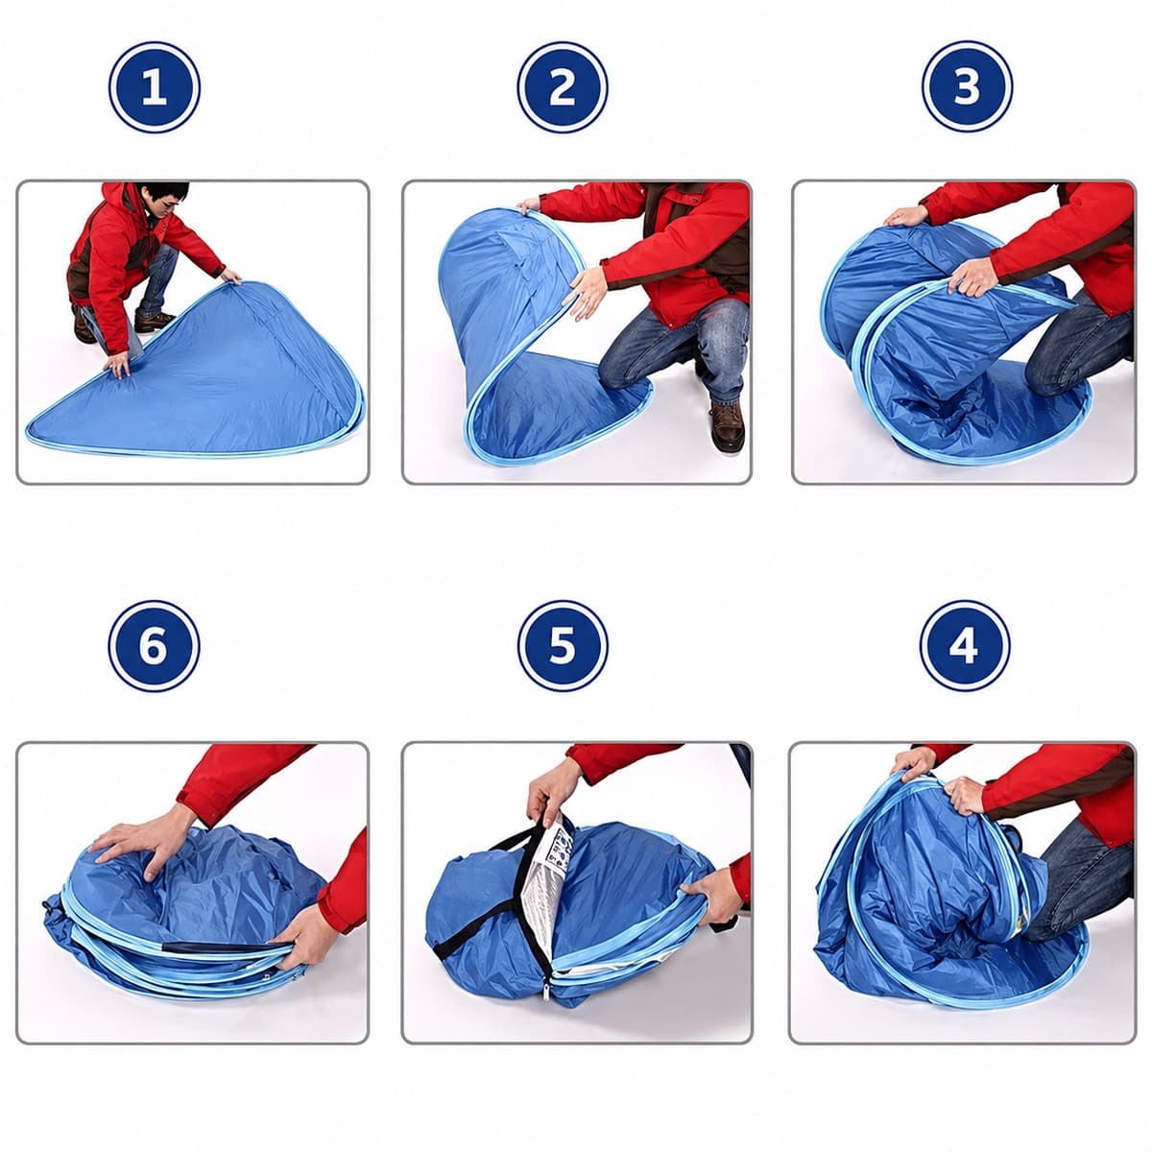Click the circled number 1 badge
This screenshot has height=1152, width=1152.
155,87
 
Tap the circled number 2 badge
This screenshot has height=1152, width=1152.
563,87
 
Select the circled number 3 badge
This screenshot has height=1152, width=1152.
967,87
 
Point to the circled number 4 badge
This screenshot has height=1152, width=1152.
965,646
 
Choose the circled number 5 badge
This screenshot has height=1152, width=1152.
563,646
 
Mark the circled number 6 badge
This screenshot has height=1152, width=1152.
155,646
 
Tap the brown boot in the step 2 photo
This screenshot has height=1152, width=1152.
728,426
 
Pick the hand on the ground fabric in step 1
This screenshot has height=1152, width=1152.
118,364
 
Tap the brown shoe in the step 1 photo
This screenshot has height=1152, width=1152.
154,321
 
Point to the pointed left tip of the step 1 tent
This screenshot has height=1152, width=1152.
29,429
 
